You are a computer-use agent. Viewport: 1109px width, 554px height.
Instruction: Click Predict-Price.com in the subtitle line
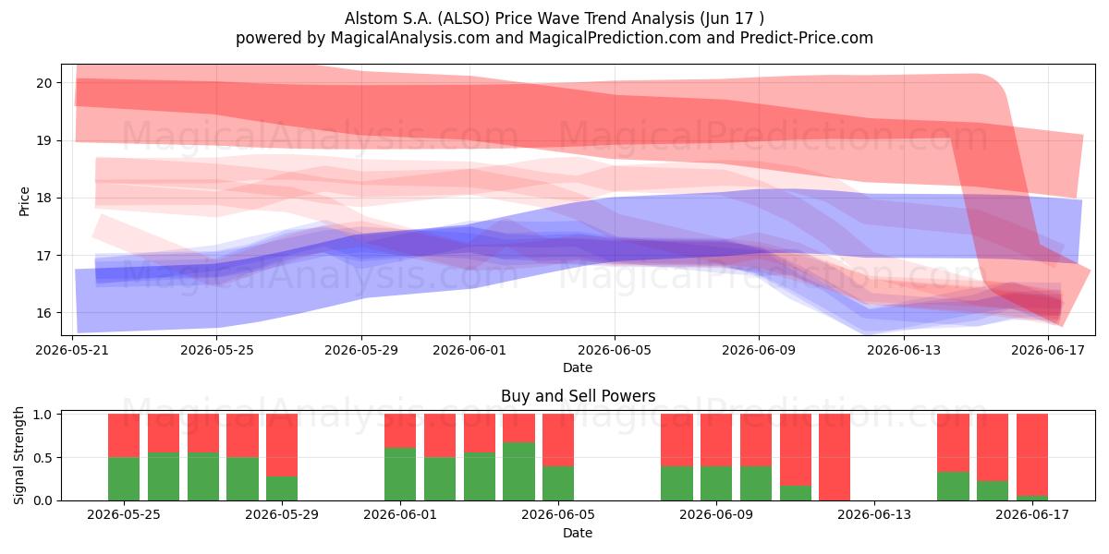(x=807, y=38)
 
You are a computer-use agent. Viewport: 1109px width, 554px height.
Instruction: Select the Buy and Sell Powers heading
(x=578, y=396)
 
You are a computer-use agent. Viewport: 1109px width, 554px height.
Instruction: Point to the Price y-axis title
(x=24, y=201)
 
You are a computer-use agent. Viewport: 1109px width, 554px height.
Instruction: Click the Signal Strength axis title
(x=18, y=455)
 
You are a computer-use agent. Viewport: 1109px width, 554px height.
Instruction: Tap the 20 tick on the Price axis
(x=44, y=83)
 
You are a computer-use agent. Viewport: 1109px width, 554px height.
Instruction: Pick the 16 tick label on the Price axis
(x=44, y=313)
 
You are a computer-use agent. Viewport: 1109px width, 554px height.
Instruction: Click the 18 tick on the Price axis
(x=44, y=198)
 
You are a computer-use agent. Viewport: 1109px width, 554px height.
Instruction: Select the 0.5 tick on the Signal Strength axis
(x=43, y=458)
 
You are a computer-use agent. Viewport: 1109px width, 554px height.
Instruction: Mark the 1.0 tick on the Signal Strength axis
(x=43, y=415)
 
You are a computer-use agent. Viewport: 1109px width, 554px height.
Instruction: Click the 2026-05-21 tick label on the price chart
(x=72, y=350)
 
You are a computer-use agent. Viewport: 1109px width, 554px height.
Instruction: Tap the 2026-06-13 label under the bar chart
(x=874, y=515)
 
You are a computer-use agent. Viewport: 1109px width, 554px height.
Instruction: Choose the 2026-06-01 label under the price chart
(x=469, y=350)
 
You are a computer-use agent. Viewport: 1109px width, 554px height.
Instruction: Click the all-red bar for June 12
(x=835, y=457)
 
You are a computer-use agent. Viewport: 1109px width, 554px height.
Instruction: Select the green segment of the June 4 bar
(x=518, y=472)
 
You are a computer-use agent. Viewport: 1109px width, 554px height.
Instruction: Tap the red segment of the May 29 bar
(x=282, y=445)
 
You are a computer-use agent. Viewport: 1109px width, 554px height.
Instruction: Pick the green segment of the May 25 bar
(x=124, y=479)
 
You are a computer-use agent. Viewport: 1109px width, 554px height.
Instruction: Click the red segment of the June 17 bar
(x=1032, y=455)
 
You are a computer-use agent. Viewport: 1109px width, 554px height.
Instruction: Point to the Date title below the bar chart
(x=578, y=533)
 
